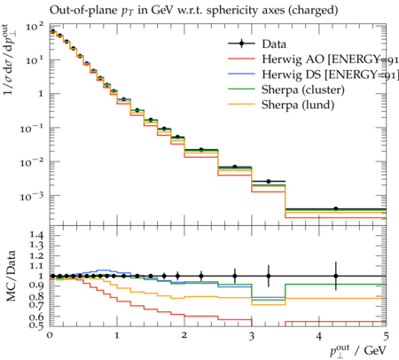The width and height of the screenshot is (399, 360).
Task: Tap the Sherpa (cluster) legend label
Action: [x=303, y=90]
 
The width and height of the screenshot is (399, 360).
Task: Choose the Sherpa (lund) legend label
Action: [x=298, y=105]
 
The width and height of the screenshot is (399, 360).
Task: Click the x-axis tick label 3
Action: [x=252, y=336]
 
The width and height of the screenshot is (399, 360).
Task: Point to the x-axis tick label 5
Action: [x=386, y=336]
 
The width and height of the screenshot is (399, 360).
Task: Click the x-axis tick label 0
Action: [x=50, y=335]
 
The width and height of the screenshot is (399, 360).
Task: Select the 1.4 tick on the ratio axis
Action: [x=35, y=235]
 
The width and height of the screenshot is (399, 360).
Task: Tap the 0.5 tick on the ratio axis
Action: [x=35, y=325]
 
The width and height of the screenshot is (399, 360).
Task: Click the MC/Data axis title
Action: [x=11, y=276]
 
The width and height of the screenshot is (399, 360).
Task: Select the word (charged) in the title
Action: [x=313, y=11]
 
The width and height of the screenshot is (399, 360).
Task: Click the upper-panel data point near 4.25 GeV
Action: [x=336, y=209]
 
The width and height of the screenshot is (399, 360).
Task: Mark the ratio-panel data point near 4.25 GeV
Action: [x=336, y=276]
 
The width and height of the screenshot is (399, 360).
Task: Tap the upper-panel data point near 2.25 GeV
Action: [x=201, y=150]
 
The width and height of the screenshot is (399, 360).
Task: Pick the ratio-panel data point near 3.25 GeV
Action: [x=269, y=276]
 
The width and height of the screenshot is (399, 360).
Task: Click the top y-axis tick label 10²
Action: [x=35, y=26]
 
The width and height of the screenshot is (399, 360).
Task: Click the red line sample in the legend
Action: [x=241, y=59]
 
